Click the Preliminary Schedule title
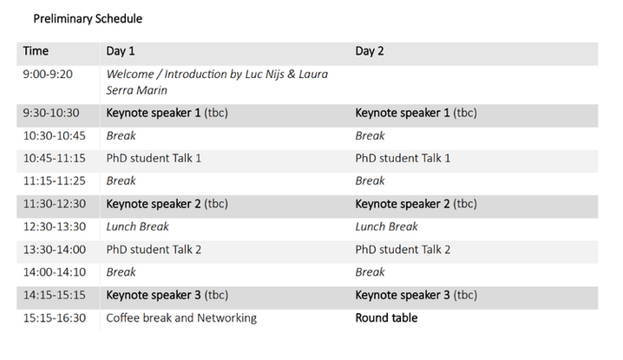[x=88, y=19]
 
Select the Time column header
[x=36, y=51]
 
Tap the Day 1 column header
[x=121, y=51]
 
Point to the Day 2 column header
[x=370, y=51]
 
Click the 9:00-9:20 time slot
[x=48, y=75]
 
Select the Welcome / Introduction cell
[x=217, y=82]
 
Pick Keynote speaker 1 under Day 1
[x=167, y=113]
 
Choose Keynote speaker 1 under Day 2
[x=416, y=113]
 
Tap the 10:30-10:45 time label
[x=54, y=136]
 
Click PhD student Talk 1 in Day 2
[x=403, y=158]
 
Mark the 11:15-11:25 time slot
[x=54, y=180]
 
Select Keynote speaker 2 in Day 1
[x=167, y=204]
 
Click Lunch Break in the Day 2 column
[x=387, y=226]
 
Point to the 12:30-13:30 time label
[x=55, y=226]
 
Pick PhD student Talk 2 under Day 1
[x=154, y=250]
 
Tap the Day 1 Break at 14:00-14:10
[x=121, y=272]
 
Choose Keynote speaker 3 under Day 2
[x=416, y=295]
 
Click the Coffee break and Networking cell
[x=181, y=317]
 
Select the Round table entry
[x=386, y=317]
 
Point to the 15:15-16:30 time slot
[x=55, y=317]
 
